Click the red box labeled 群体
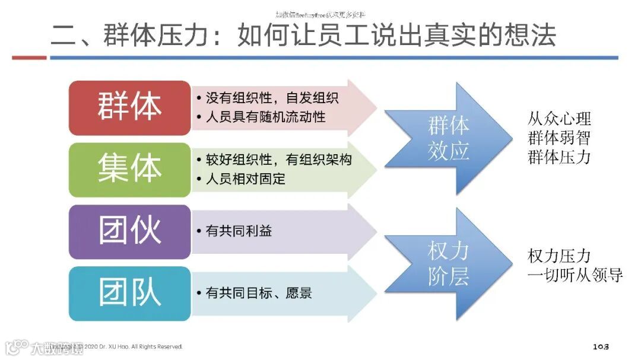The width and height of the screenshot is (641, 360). (x=129, y=107)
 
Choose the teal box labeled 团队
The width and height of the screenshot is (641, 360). (x=129, y=293)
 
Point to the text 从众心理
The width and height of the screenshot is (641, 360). (x=559, y=119)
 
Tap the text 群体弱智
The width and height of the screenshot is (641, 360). (x=559, y=138)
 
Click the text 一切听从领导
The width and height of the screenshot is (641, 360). (x=575, y=275)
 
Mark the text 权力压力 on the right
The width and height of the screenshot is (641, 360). (x=559, y=256)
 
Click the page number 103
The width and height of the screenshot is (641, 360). (x=601, y=346)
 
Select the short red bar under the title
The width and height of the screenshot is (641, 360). (x=29, y=58)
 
